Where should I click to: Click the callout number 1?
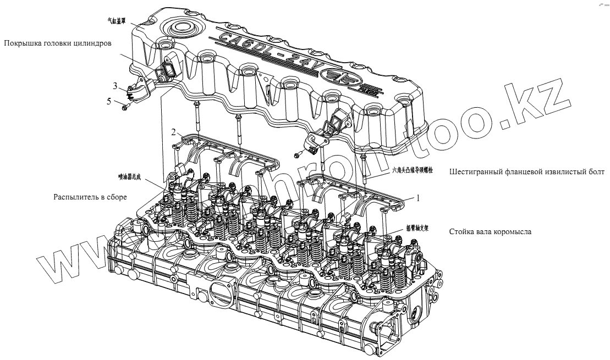click(x=417, y=198)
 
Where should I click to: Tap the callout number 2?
click(x=173, y=132)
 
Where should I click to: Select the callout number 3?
click(x=116, y=85)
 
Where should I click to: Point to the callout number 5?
click(x=116, y=101)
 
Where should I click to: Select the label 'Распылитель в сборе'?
click(x=90, y=197)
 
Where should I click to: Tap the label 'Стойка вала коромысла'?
click(x=490, y=232)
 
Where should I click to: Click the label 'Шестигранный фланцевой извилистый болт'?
click(x=527, y=171)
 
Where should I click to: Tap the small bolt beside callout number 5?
click(x=126, y=107)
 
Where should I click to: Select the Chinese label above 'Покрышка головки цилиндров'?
click(x=117, y=21)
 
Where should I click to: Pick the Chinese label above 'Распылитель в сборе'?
click(x=130, y=176)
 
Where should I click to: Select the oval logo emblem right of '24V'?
click(x=334, y=77)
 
